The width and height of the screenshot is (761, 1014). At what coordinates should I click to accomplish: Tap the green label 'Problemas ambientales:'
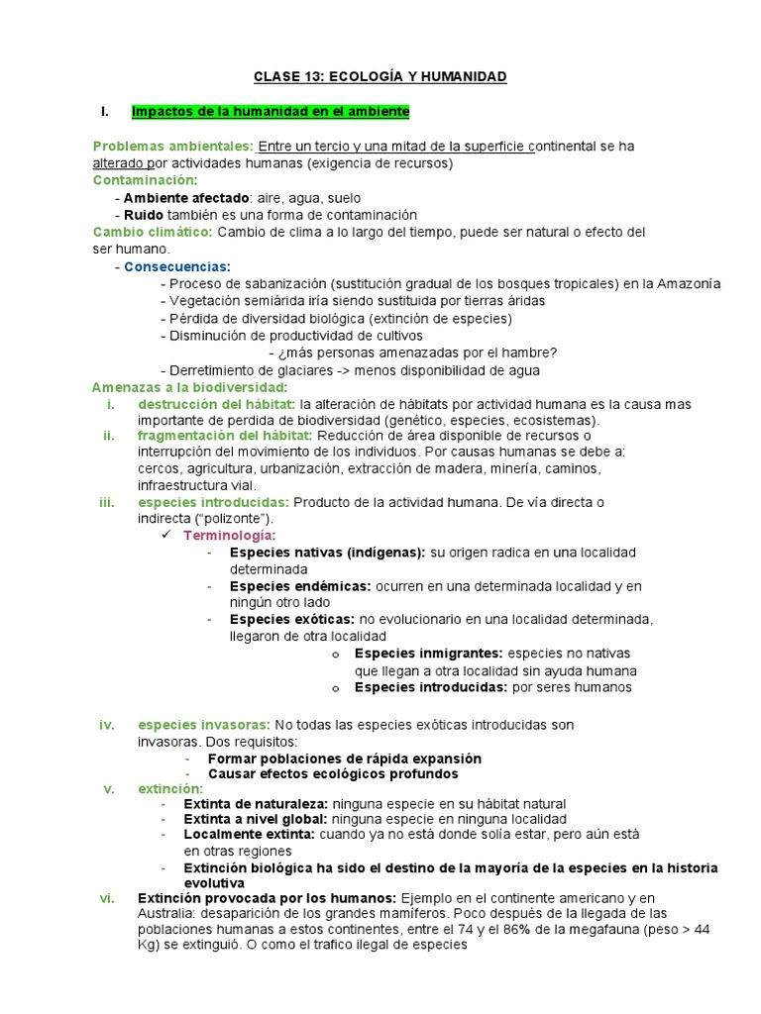173,146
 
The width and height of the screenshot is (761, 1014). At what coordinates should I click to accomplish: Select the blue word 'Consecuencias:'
177,266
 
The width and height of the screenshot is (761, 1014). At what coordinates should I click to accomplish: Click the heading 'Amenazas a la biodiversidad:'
189,386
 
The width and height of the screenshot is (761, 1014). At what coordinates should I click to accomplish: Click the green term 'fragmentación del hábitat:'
223,436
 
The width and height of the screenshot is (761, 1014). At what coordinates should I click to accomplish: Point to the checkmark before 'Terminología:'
166,535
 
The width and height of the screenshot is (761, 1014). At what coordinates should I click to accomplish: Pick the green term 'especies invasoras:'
203,725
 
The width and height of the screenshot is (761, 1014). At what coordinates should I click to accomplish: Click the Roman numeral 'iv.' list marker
108,725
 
